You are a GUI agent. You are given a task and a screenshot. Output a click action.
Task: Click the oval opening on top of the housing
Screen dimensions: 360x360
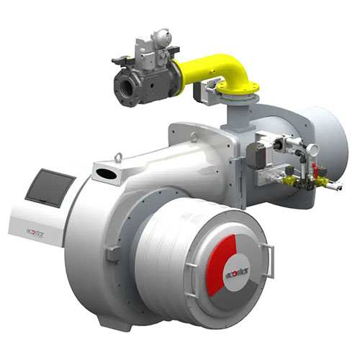coord(106,174)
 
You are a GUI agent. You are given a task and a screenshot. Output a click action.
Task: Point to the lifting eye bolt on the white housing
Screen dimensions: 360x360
coord(117,155)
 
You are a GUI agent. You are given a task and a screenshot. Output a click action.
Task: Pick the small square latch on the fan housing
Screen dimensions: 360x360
coord(112,253)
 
